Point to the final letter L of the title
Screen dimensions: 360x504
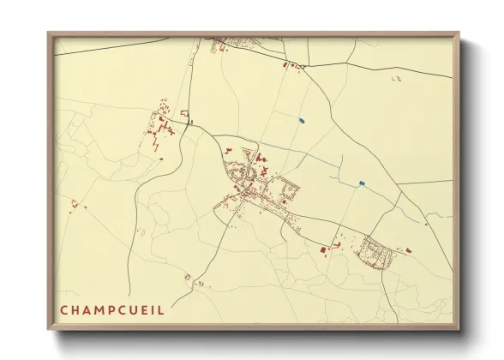(x=160, y=309)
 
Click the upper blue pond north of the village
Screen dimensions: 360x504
(x=301, y=119)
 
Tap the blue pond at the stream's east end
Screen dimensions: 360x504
(x=361, y=183)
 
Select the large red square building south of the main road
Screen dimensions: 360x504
(x=322, y=250)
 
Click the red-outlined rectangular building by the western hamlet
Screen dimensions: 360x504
(x=184, y=115)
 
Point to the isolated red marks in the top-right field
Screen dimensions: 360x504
(x=396, y=79)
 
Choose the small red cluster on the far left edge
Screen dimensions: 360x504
(x=75, y=204)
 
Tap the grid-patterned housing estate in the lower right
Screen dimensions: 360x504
(x=375, y=250)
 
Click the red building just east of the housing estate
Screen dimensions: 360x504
(x=408, y=249)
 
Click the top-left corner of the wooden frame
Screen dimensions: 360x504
(x=50, y=34)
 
